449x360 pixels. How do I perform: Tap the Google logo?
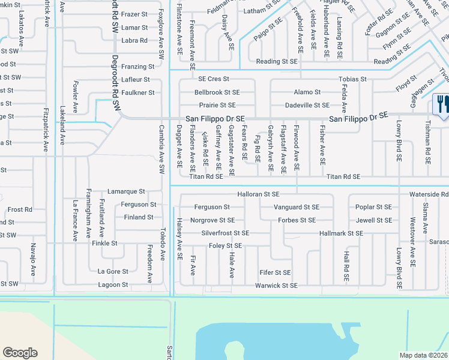coord(20,352)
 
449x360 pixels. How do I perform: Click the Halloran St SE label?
coord(259,194)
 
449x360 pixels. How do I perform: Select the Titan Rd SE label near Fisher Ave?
coord(343,177)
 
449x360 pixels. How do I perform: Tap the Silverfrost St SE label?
coord(225,233)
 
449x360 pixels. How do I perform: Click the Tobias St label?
coord(352,79)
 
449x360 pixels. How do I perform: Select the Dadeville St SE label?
coord(307,105)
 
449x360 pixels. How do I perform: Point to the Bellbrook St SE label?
coord(217,92)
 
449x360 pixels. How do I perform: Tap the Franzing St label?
coord(138,67)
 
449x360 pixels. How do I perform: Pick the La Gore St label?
coord(113,271)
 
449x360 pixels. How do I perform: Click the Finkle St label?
coord(104,243)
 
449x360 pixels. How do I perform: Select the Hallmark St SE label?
coord(341,233)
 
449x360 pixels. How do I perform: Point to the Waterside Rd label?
coord(429,194)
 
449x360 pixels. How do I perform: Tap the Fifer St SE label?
coord(275,272)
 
